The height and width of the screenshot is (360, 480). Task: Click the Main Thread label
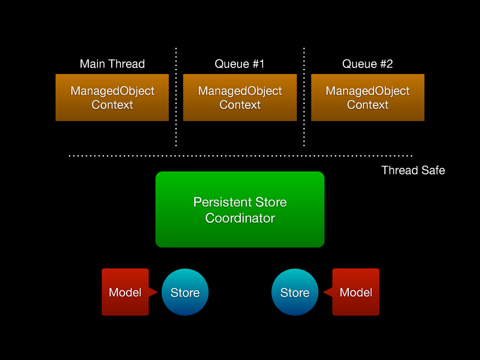(x=112, y=64)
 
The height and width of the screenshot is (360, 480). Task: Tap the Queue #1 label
(x=240, y=64)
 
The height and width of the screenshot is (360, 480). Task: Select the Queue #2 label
(x=367, y=64)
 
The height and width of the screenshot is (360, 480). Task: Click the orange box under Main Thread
(x=112, y=97)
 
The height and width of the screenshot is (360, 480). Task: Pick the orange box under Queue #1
(x=240, y=97)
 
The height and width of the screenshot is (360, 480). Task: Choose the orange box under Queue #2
(x=367, y=97)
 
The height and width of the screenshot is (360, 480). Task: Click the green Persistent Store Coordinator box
(x=240, y=210)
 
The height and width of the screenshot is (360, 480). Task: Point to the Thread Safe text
(x=413, y=170)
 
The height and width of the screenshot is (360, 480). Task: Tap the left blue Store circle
(x=185, y=292)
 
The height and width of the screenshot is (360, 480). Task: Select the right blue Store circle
(x=295, y=292)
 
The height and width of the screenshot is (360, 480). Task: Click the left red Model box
(x=125, y=292)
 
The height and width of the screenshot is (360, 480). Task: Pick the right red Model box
(x=356, y=292)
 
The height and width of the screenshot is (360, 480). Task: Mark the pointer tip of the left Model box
(x=158, y=292)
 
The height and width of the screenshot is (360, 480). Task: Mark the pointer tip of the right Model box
(x=323, y=292)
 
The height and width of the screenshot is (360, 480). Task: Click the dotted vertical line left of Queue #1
(x=176, y=97)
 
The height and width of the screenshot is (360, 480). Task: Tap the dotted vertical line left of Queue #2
(x=304, y=97)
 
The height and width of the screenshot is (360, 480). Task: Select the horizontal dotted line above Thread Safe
(x=240, y=156)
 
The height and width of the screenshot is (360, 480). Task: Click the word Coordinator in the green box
(x=240, y=218)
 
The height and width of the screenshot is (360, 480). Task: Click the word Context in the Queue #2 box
(x=367, y=105)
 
